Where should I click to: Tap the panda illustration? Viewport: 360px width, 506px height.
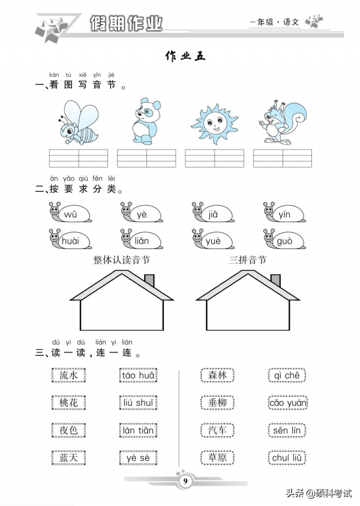(x=144, y=121)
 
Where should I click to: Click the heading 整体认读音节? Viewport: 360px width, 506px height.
(x=121, y=260)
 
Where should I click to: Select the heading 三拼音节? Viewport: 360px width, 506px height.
(x=247, y=260)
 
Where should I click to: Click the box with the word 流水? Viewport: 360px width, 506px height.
(x=69, y=376)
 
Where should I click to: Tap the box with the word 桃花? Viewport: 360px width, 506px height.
(x=69, y=403)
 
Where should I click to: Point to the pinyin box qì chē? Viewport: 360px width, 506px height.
(x=287, y=376)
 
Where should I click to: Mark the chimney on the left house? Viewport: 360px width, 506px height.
(x=149, y=281)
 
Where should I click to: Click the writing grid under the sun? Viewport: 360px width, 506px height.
(x=214, y=158)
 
